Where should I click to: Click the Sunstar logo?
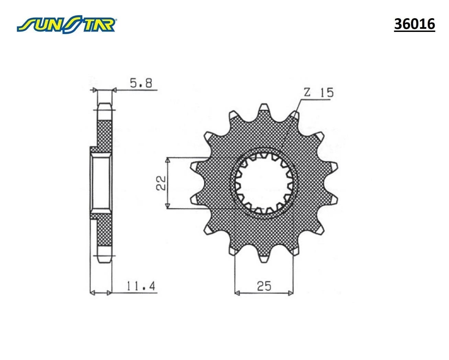click(x=67, y=24)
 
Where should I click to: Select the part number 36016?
click(x=414, y=24)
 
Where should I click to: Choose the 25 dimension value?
click(x=263, y=286)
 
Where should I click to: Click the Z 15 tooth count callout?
click(x=318, y=93)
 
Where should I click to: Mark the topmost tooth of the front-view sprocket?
click(x=264, y=108)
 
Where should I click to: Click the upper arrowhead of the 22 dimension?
click(x=168, y=160)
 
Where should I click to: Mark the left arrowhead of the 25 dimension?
click(x=236, y=293)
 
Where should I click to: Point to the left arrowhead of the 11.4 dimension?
click(x=92, y=293)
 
